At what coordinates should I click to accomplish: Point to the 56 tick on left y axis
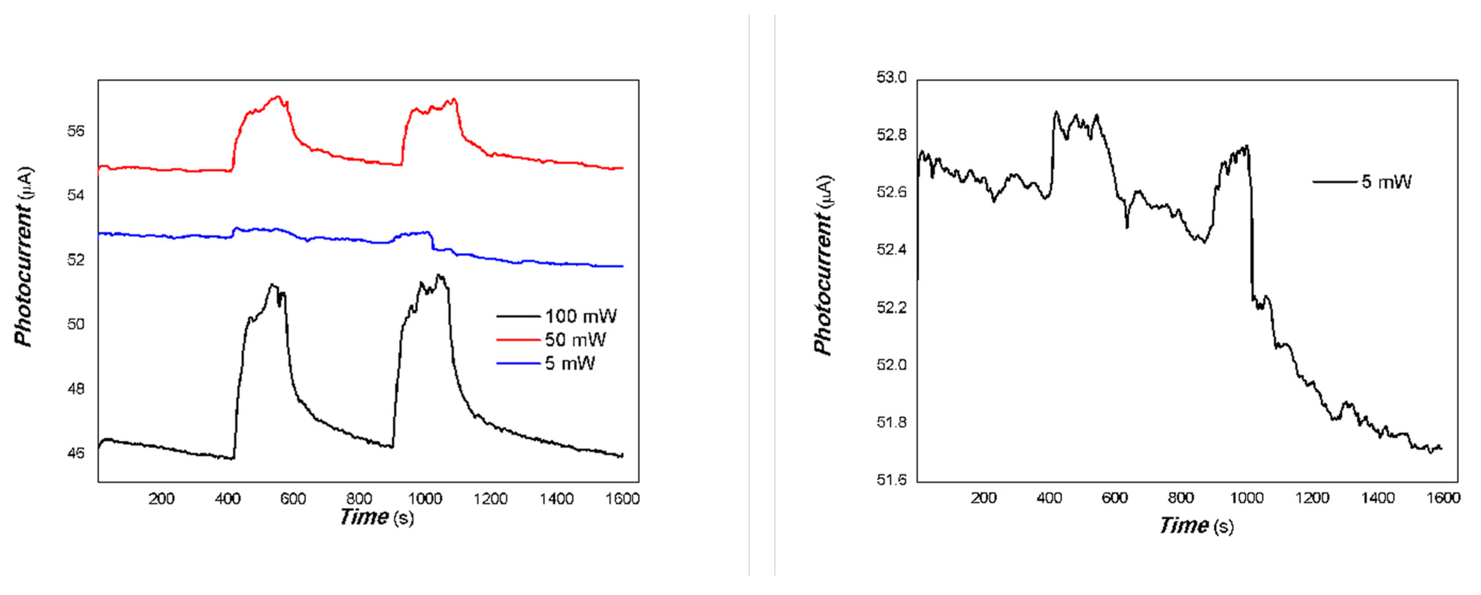click(75, 131)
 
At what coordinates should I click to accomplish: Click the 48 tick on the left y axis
click(75, 389)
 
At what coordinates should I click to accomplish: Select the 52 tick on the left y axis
click(75, 260)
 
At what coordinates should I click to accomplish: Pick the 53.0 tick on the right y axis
click(891, 77)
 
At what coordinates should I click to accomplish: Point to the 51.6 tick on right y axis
click(891, 480)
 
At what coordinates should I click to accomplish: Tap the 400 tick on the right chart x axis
click(1049, 498)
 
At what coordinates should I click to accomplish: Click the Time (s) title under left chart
click(377, 518)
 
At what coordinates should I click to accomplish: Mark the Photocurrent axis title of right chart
click(823, 266)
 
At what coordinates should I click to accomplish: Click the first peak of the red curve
click(278, 97)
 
